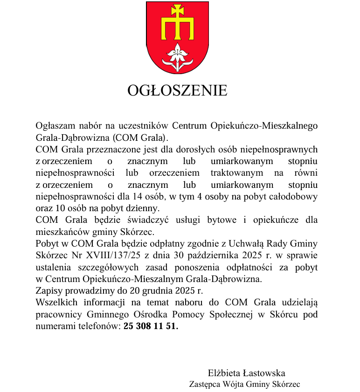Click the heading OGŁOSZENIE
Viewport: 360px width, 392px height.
pos(177,90)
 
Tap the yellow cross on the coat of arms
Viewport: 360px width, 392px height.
pos(177,23)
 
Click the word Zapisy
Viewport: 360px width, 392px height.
pos(49,291)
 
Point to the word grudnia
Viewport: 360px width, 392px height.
pos(158,291)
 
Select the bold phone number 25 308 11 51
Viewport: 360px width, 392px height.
pos(151,326)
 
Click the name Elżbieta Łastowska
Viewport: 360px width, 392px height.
pos(246,373)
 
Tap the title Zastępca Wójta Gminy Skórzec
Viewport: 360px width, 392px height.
pos(244,385)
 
